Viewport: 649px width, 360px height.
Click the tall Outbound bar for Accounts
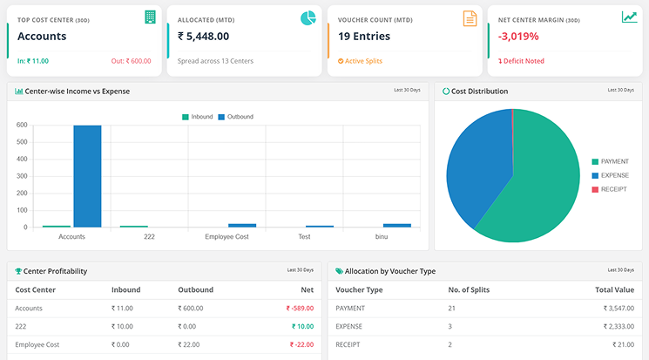(x=87, y=176)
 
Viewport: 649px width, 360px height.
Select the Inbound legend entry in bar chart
(x=197, y=116)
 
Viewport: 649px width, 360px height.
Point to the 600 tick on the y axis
(x=22, y=126)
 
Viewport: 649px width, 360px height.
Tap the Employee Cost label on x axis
(x=226, y=236)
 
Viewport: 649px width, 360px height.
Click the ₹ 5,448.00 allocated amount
(x=203, y=37)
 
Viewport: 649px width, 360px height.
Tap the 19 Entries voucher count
(x=364, y=37)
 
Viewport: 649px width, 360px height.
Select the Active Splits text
(x=364, y=61)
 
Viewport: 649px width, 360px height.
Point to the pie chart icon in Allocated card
(x=308, y=18)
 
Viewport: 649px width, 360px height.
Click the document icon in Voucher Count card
(x=470, y=18)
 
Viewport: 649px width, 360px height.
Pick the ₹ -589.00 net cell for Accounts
(x=299, y=308)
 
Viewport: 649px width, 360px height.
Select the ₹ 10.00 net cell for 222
(x=301, y=326)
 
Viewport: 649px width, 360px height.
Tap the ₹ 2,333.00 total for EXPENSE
(x=614, y=326)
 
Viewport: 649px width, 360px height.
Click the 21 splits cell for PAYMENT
(x=451, y=308)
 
